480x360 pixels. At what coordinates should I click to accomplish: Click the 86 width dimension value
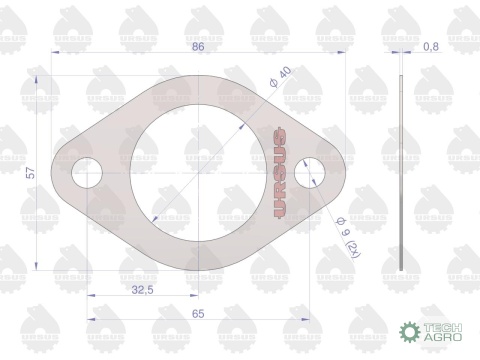198,46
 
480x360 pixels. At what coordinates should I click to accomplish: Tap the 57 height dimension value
31,173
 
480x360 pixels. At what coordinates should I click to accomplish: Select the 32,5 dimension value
143,290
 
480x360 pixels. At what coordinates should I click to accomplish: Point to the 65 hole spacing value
198,314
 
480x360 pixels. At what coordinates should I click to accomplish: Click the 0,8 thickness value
431,47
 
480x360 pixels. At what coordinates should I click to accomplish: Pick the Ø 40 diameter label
280,77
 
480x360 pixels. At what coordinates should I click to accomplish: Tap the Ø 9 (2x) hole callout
349,238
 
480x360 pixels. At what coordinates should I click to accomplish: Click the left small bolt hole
87,173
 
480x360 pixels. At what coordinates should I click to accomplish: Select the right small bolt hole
310,173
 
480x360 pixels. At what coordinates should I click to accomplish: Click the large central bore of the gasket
198,173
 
